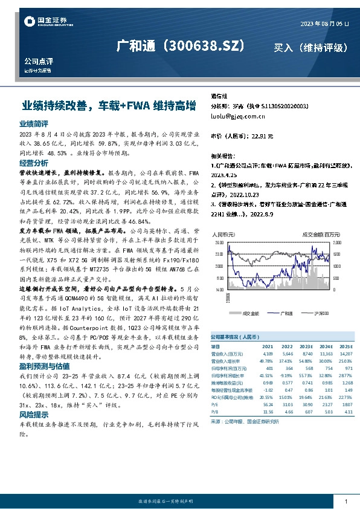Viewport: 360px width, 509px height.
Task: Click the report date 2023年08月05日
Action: (x=325, y=23)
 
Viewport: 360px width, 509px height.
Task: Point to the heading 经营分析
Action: (x=34, y=163)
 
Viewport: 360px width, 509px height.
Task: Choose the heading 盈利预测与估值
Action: (x=44, y=366)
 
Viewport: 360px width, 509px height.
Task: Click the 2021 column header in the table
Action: (x=268, y=347)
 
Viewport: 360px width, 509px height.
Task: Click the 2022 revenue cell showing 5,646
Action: (x=288, y=353)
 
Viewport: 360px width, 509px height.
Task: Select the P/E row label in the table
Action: (x=214, y=405)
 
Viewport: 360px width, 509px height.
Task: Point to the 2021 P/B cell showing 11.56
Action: (x=268, y=411)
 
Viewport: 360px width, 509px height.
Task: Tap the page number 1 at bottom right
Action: (x=346, y=502)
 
